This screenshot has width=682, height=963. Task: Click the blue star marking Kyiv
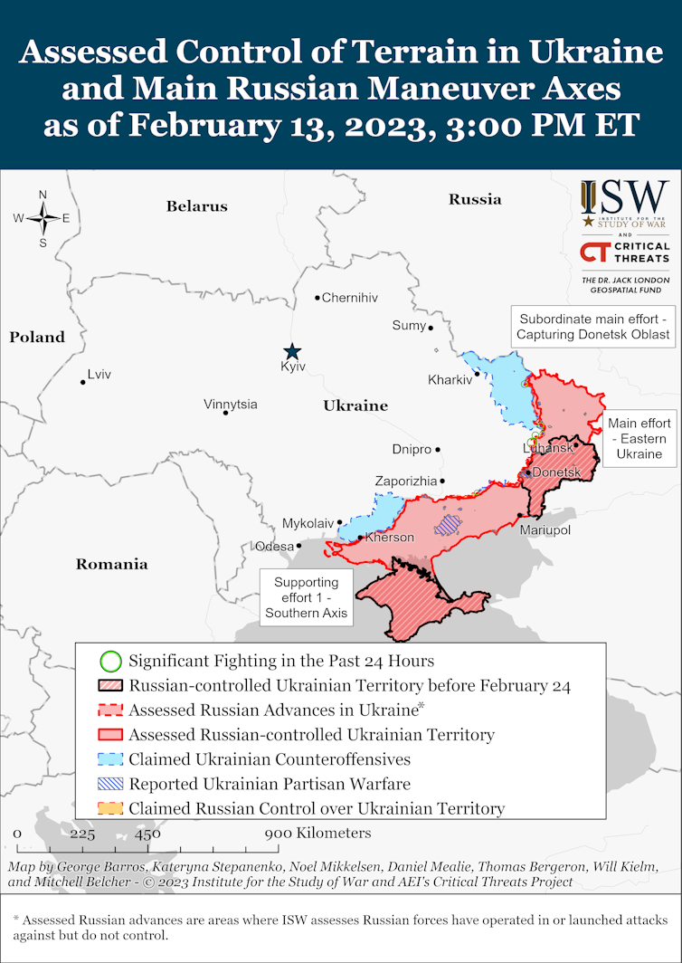point(291,351)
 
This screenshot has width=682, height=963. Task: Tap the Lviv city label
point(99,375)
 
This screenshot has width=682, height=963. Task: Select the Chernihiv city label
point(350,298)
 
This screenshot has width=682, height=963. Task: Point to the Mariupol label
point(545,529)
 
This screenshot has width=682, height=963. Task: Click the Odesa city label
point(274,546)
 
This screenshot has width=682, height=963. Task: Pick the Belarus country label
point(196,206)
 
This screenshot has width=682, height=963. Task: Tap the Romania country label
point(111,564)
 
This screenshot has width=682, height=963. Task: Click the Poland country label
point(37,337)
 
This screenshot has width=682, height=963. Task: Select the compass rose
point(43,218)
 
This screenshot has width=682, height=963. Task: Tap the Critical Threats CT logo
point(596,253)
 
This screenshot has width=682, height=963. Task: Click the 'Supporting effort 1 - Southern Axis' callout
point(306,597)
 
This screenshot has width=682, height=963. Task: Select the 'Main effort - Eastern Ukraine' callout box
point(639,438)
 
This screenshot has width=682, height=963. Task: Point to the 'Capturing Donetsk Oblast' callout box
point(593,327)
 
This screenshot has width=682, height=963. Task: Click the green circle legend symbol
point(109,661)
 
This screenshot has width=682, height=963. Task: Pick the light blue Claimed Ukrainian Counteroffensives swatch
point(109,759)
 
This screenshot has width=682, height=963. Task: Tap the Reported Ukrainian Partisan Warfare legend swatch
point(109,784)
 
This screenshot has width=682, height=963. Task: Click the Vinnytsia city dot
point(225,413)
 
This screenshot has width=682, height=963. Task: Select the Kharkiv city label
point(450,380)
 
